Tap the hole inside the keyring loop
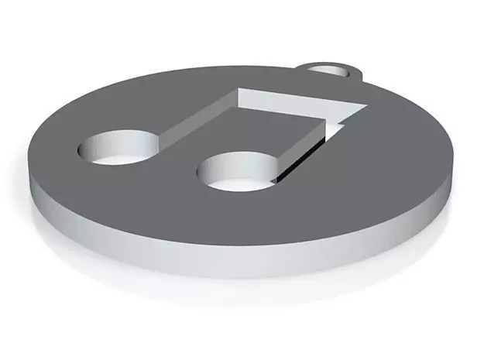333,71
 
